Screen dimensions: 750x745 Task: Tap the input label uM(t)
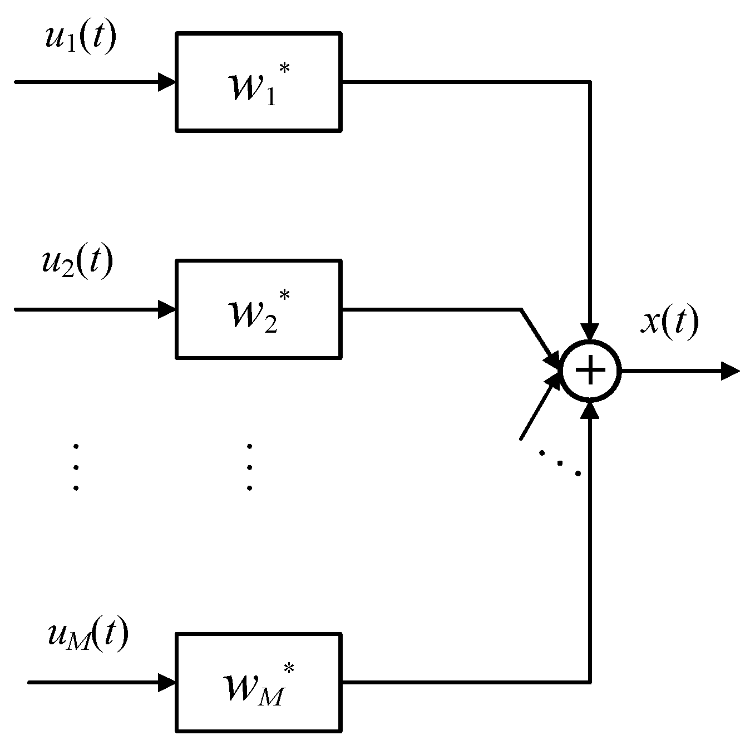point(88,635)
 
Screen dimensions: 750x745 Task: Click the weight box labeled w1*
point(259,82)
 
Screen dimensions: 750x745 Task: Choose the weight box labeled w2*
point(259,309)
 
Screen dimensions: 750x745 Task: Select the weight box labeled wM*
point(259,682)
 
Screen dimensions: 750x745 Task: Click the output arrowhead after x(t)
point(730,371)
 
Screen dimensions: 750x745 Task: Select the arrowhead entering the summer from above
point(590,332)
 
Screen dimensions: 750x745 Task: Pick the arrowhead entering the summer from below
point(590,410)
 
